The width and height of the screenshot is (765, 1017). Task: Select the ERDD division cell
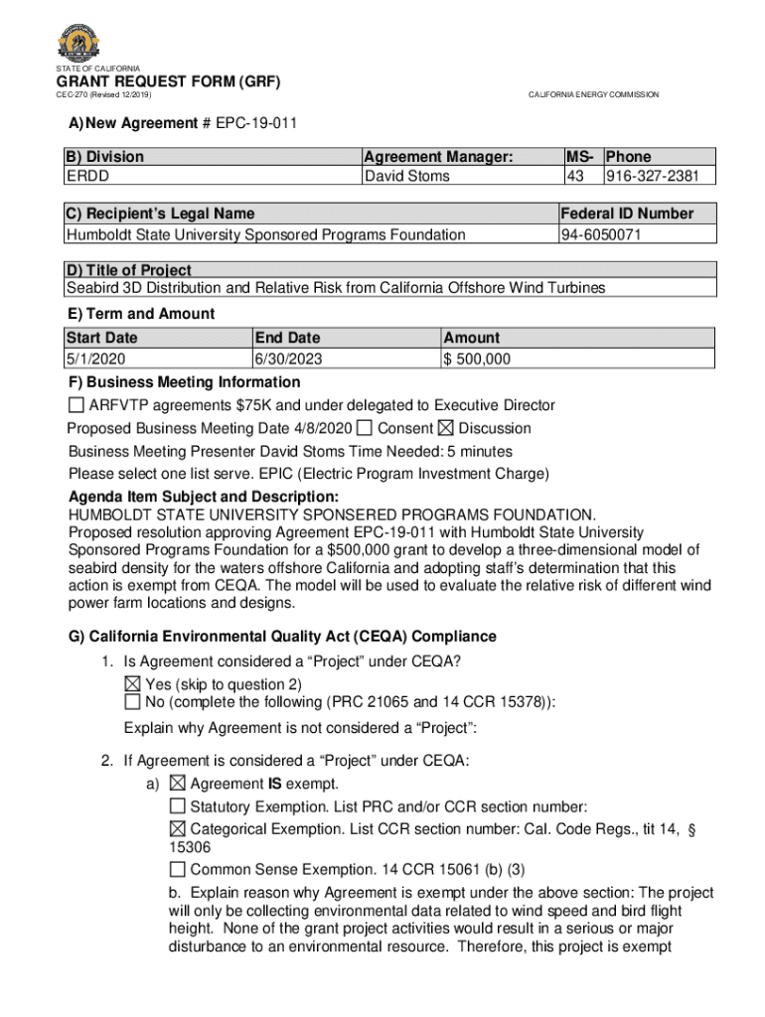87,176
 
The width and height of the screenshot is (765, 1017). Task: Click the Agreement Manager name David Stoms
407,176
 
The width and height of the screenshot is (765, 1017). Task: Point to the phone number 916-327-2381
653,176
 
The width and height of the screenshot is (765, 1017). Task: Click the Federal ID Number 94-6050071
601,234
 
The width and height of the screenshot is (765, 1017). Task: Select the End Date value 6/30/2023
289,359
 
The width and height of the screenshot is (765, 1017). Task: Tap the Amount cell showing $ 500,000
478,359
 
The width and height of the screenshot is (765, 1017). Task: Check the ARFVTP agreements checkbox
76,405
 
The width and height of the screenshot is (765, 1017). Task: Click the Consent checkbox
365,428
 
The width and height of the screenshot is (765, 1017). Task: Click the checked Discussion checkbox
445,428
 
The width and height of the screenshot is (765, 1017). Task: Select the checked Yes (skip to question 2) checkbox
132,684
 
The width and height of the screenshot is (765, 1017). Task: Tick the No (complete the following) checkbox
132,702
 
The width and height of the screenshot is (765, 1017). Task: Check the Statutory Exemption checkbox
177,805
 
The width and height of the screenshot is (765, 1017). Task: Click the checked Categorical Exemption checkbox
177,828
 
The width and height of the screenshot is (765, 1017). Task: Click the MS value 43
574,176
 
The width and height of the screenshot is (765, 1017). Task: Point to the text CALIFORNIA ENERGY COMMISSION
593,94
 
